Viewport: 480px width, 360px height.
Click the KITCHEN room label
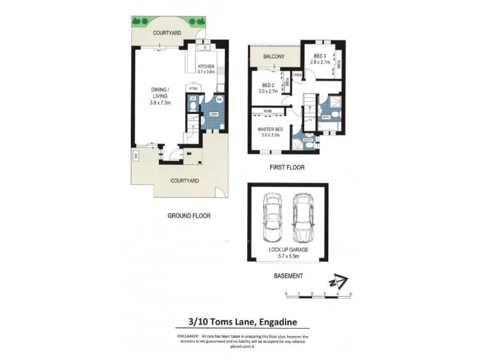(207, 66)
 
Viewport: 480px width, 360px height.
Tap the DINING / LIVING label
(160, 93)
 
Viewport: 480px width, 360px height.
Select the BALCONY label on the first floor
(274, 57)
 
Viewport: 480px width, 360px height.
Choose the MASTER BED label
(271, 128)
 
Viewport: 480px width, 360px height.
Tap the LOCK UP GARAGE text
(288, 249)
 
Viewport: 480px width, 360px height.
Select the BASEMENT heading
(288, 276)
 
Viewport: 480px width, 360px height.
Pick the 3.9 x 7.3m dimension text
(160, 103)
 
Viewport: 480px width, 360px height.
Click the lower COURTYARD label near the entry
(184, 180)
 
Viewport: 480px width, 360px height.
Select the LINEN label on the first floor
(296, 74)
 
